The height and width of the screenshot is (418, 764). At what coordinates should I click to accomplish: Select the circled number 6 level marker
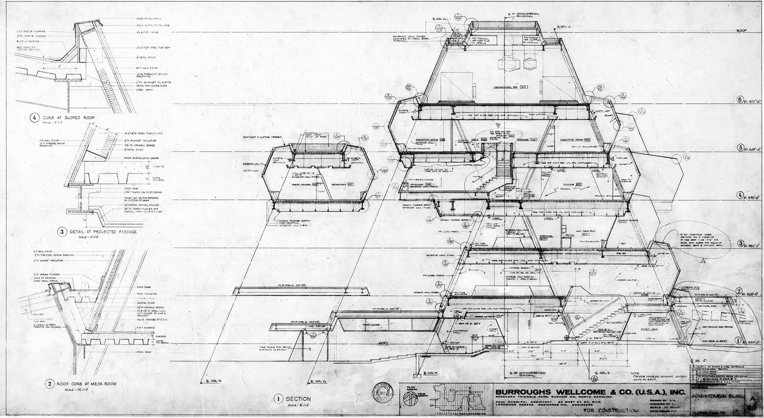pyautogui.click(x=739, y=100)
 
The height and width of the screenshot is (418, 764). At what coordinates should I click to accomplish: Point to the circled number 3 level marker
pyautogui.click(x=739, y=243)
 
